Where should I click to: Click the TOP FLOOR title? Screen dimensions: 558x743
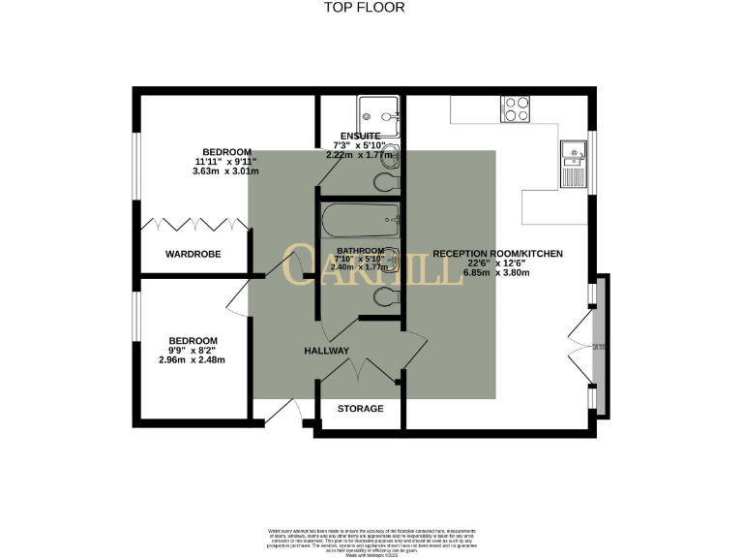[364, 8]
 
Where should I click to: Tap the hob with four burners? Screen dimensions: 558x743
[515, 109]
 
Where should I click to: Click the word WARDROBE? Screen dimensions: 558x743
[193, 255]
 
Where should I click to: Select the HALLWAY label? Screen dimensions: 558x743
[326, 350]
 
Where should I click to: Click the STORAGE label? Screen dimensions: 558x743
[360, 409]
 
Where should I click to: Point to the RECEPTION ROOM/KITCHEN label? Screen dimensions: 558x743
[497, 254]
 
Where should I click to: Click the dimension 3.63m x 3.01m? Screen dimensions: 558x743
[225, 171]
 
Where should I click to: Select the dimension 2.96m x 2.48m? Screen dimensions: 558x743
[192, 360]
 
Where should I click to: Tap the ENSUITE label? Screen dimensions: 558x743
[360, 136]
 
